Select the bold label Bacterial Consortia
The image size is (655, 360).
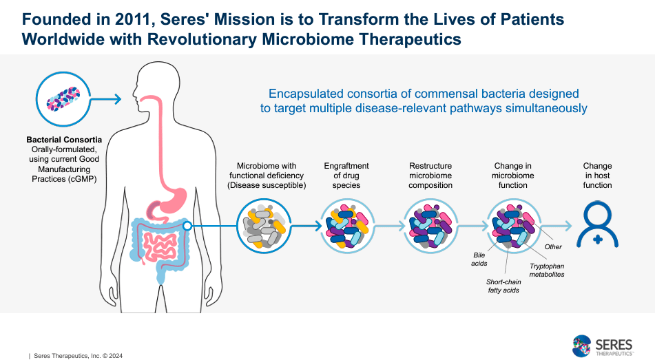pyautogui.click(x=61, y=140)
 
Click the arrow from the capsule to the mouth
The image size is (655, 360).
pyautogui.click(x=105, y=100)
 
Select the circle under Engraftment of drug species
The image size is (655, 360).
pyautogui.click(x=346, y=224)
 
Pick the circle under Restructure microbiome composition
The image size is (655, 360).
pyautogui.click(x=430, y=224)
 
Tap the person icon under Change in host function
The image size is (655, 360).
pyautogui.click(x=596, y=224)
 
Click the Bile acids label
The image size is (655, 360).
pyautogui.click(x=479, y=260)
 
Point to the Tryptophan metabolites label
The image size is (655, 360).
pyautogui.click(x=547, y=270)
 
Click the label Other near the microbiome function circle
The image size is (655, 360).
pyautogui.click(x=553, y=246)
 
